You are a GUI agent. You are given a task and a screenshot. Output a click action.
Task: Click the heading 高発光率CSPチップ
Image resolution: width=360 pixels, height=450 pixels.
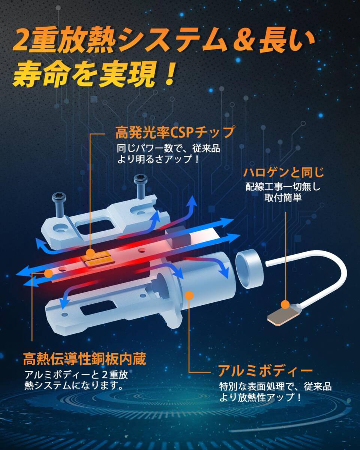click(x=175, y=132)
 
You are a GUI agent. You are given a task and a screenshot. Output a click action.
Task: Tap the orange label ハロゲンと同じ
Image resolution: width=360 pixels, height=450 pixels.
click(x=283, y=172)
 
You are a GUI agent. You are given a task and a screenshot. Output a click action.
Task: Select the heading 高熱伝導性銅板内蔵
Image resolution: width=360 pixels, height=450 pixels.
click(x=84, y=358)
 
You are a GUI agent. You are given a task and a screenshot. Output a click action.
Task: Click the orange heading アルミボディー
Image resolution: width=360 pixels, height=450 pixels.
click(x=265, y=371)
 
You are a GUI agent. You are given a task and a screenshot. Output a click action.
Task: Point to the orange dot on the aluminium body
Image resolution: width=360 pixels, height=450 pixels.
click(x=189, y=295)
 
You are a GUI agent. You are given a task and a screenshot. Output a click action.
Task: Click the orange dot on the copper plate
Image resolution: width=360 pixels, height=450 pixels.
click(x=48, y=273)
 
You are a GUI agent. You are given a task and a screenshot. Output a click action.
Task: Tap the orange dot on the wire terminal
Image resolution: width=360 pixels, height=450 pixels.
click(x=286, y=304)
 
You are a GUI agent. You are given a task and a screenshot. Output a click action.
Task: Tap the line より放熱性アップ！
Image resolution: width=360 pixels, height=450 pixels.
click(x=260, y=397)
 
